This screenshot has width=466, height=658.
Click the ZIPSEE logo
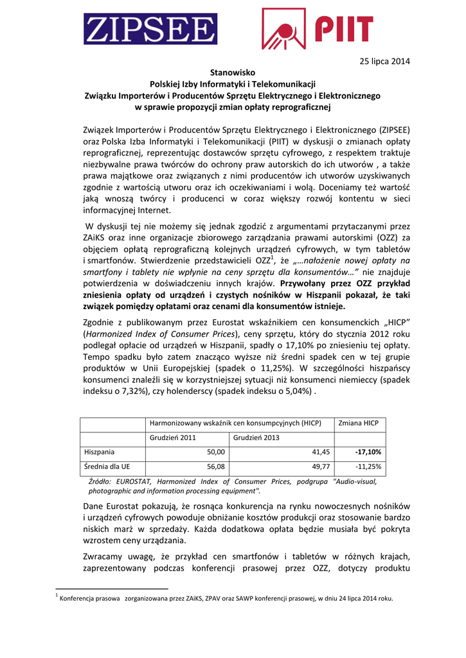pos(149,29)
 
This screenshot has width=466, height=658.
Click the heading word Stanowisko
pos(233,73)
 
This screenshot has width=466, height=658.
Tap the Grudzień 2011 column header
pos(173,438)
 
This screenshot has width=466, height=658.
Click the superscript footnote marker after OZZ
pos(273,258)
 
